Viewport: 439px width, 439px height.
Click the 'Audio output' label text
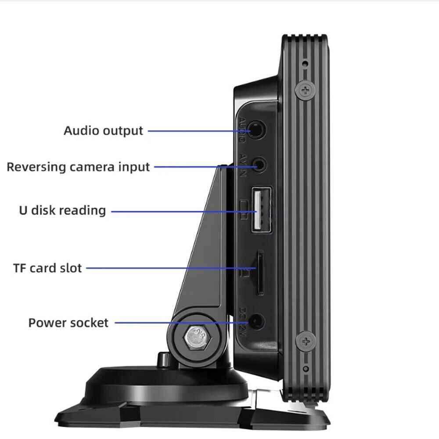[103, 131]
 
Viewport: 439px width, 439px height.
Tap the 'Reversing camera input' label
[78, 167]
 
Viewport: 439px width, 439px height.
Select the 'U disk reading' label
[62, 210]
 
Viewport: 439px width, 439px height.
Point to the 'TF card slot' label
[47, 268]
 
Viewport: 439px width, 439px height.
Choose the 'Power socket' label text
[68, 323]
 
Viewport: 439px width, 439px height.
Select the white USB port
[261, 209]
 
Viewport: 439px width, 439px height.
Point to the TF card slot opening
[260, 272]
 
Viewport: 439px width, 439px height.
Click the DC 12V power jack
[257, 323]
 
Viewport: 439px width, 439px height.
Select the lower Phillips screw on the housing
[306, 340]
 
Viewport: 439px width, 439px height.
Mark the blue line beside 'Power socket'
[180, 323]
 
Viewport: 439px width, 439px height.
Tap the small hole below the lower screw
[306, 368]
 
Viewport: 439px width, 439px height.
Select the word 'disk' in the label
[43, 210]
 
